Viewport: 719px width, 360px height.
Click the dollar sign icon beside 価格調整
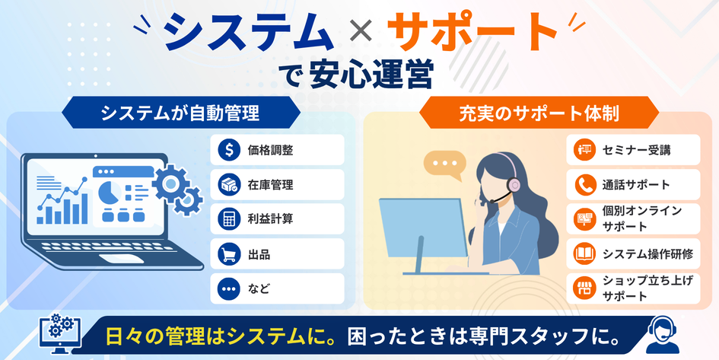(229, 149)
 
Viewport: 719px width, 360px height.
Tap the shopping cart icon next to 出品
(229, 254)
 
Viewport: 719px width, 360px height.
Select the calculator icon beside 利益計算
(229, 219)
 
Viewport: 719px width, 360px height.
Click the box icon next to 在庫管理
(229, 185)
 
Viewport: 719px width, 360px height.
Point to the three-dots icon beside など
(229, 289)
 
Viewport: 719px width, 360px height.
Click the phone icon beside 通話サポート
(584, 185)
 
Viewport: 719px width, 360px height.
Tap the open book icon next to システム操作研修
(584, 253)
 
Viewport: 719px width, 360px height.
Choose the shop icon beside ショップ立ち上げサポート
(584, 288)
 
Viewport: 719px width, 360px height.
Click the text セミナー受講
(636, 150)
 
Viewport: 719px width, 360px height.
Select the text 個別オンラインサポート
(642, 218)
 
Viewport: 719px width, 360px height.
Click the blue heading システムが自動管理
(180, 113)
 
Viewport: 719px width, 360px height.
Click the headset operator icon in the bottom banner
(661, 334)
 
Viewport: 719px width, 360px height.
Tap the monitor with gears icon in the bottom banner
(60, 333)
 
